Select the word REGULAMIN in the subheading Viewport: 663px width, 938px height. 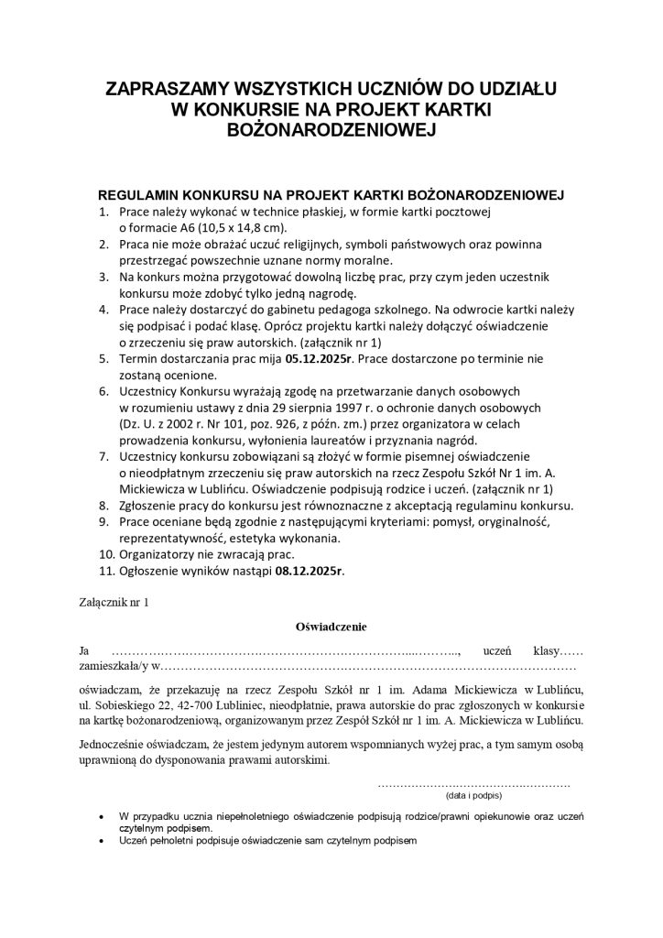click(137, 196)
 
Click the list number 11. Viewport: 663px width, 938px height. click(106, 571)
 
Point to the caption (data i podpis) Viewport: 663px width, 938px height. click(473, 797)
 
